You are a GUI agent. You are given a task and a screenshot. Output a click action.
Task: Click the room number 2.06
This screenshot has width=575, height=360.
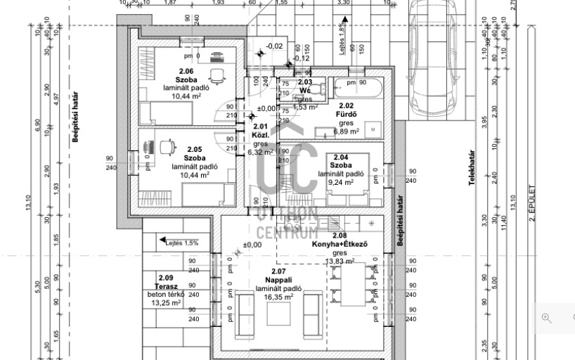(x=185, y=71)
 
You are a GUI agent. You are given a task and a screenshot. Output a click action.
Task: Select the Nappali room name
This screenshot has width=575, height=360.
(x=279, y=280)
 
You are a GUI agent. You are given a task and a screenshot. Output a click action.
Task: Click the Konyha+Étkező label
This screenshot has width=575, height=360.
(x=340, y=245)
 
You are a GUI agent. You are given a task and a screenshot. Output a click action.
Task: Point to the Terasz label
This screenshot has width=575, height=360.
(x=165, y=286)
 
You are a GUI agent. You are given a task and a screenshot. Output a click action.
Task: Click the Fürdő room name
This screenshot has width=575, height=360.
(x=347, y=114)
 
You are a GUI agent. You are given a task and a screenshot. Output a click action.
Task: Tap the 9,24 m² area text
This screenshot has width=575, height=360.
(x=341, y=181)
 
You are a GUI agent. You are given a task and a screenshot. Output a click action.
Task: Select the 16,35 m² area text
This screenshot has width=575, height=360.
(x=279, y=297)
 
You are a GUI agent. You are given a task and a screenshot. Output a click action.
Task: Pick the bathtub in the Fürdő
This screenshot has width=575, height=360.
(x=358, y=87)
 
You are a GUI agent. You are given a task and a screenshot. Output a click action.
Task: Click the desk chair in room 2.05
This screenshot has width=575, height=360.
(x=169, y=147)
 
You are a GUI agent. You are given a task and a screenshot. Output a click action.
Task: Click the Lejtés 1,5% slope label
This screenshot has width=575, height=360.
(x=181, y=243)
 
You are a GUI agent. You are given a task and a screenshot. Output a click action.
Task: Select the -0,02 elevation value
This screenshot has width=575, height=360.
(x=274, y=46)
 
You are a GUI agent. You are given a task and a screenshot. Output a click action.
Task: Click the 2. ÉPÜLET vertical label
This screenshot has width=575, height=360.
(x=532, y=204)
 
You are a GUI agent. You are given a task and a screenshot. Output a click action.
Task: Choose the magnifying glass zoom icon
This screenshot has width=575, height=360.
(x=546, y=318)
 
